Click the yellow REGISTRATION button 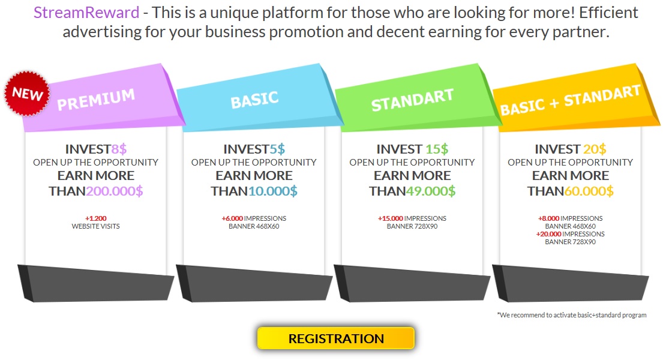point(335,338)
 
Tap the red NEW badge point(27,94)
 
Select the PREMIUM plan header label point(96,100)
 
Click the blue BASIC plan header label point(254,100)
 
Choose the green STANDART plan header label point(412,100)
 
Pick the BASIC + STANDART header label point(571,100)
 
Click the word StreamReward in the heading point(86,13)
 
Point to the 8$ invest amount point(119,149)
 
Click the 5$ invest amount point(277,149)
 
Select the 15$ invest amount point(437,149)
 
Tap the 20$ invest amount point(595,149)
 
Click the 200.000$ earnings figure point(114,191)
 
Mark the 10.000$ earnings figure point(272,191)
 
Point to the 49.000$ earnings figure point(431,191)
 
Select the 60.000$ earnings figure point(589,191)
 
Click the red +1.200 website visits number point(96,218)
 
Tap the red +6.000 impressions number point(232,218)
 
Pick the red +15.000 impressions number point(391,218)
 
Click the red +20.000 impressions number point(549,234)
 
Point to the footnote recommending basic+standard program point(572,315)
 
